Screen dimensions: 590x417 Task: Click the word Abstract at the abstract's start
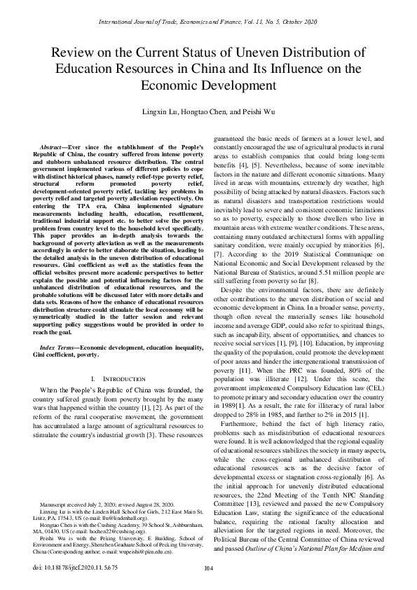54,146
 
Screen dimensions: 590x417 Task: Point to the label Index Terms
57,348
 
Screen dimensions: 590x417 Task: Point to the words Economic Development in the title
208,86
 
